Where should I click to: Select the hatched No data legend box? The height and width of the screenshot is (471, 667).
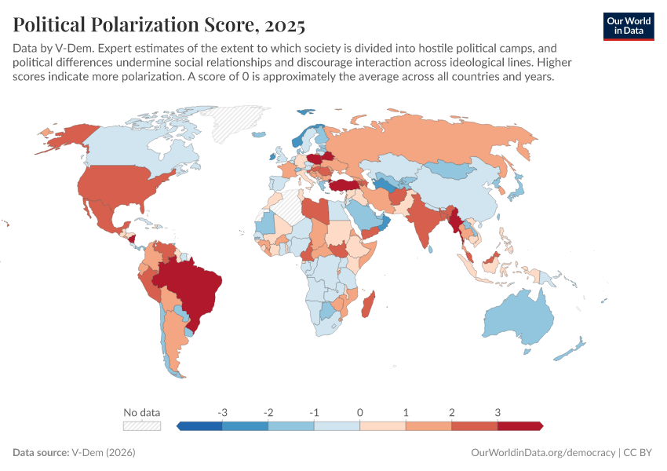[142, 425]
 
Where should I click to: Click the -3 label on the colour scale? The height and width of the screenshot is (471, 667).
[223, 412]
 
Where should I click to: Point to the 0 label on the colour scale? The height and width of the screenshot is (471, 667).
[359, 412]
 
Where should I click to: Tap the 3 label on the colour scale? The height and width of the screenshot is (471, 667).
[498, 412]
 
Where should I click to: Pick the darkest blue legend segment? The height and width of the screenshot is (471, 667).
[201, 425]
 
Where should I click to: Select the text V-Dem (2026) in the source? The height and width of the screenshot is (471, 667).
[103, 453]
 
